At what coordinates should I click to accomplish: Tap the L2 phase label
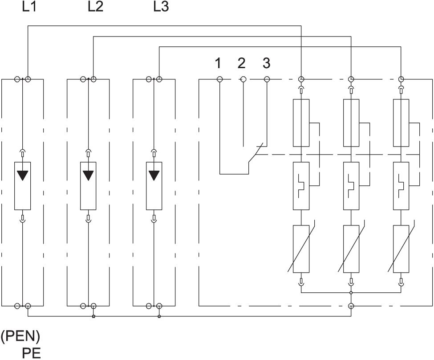[x=95, y=7]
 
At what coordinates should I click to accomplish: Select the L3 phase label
[x=161, y=7]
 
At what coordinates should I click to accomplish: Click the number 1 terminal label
[x=218, y=64]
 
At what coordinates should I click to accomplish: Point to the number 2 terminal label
[x=242, y=64]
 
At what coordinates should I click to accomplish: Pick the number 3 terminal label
[x=266, y=64]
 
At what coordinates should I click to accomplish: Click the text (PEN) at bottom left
[x=20, y=336]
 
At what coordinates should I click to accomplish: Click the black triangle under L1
[x=22, y=175]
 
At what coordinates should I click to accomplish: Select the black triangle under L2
[x=88, y=175]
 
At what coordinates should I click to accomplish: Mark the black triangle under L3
[x=154, y=175]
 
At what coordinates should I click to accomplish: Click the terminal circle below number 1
[x=219, y=79]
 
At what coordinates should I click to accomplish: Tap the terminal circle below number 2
[x=243, y=79]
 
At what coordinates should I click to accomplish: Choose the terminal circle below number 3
[x=267, y=79]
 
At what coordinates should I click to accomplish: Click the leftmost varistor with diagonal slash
[x=301, y=249]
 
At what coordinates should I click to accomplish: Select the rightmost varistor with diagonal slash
[x=401, y=249]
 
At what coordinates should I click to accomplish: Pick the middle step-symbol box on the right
[x=351, y=186]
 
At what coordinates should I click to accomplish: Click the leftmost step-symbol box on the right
[x=301, y=186]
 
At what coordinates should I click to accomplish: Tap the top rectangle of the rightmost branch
[x=401, y=123]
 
